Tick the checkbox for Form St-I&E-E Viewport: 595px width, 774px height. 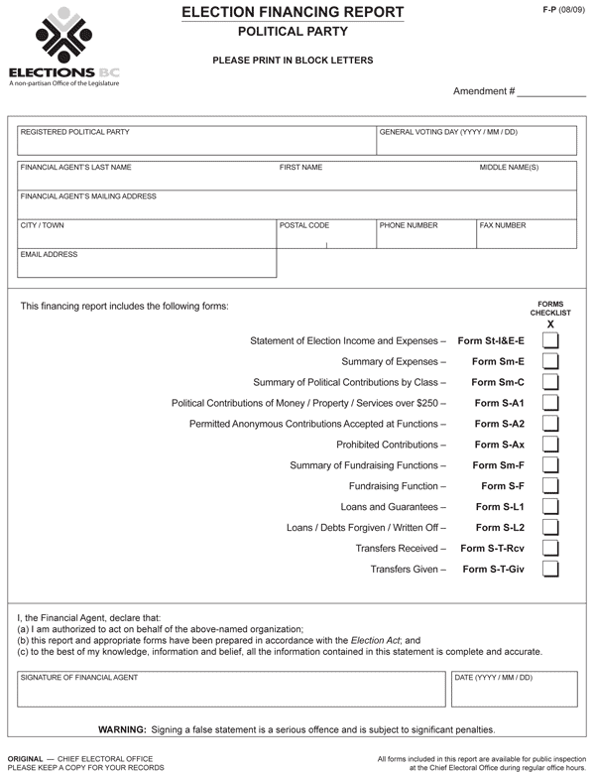coord(550,340)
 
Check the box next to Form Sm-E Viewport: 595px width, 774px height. coord(550,361)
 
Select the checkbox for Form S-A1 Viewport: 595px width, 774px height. coord(550,403)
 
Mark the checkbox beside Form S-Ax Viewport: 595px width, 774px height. coord(550,445)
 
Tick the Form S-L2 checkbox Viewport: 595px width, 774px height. coord(550,527)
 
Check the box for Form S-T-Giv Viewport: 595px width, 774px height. coord(550,569)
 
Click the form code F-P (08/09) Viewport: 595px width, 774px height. coord(565,9)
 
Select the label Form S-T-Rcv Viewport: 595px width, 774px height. coord(493,548)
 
